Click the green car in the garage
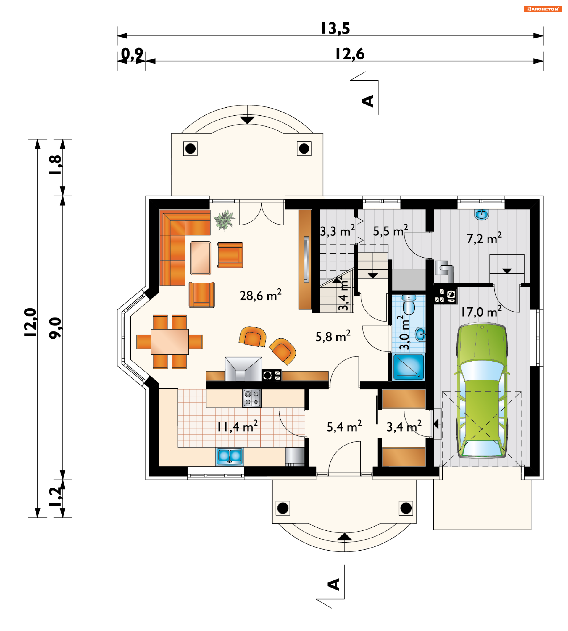482,391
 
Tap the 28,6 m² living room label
261,295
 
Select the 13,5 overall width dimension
335,28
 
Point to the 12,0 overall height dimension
30,322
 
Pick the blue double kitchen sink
229,456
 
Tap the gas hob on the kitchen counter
252,398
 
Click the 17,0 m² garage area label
482,312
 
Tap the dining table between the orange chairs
170,342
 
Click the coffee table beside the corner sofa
201,258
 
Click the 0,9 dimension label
132,54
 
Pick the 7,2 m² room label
484,238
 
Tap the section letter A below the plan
333,584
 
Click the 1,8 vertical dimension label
56,165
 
